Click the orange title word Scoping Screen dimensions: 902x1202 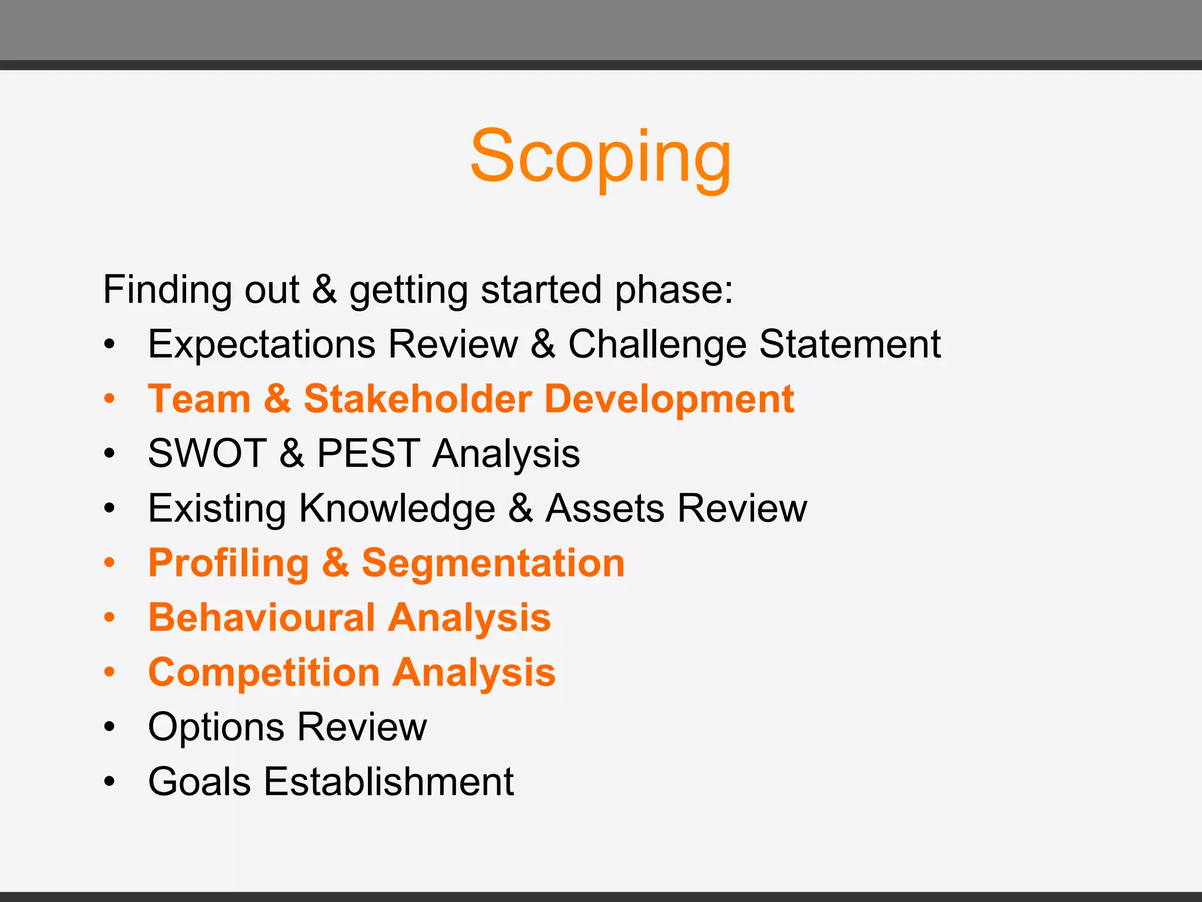click(600, 157)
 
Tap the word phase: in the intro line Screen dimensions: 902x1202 click(674, 290)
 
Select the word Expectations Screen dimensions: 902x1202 click(261, 344)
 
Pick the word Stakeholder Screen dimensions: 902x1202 click(417, 399)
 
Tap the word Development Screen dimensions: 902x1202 click(669, 399)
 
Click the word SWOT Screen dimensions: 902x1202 click(207, 453)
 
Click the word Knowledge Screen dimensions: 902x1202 click(397, 508)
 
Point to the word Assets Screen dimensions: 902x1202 click(605, 508)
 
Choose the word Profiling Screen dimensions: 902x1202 click(228, 563)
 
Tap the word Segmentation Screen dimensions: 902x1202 click(493, 563)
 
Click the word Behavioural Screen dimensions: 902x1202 click(262, 617)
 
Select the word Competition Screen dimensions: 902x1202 click(264, 672)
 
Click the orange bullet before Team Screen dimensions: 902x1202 click(109, 399)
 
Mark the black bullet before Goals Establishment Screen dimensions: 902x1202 click(109, 782)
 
